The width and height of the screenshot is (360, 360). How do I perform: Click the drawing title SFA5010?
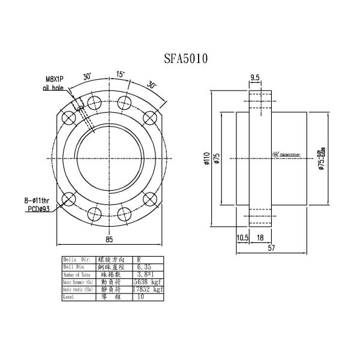(186, 59)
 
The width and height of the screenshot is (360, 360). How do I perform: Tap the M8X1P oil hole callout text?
(55, 82)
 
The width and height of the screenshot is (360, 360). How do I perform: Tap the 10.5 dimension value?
(242, 238)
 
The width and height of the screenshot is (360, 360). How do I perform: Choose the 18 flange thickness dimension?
(260, 238)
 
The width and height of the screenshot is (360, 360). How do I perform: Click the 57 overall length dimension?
(271, 247)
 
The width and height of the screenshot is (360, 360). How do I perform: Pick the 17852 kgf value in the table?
(149, 289)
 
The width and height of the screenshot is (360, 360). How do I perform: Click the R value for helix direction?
(139, 259)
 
